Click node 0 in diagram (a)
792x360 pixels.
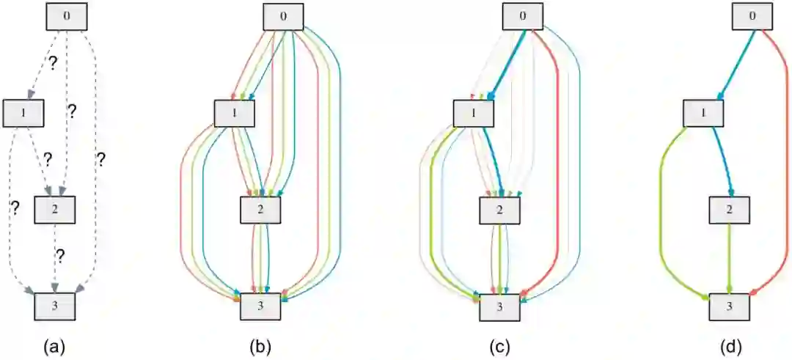[67, 17]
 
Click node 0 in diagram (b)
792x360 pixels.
[283, 17]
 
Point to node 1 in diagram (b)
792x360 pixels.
[235, 114]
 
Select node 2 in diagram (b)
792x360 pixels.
[261, 211]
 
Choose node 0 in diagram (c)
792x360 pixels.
[522, 17]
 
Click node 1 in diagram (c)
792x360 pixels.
[474, 114]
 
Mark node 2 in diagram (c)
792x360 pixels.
[500, 211]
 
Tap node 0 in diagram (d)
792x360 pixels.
[751, 17]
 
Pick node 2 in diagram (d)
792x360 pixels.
[729, 211]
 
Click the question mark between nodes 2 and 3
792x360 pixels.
[61, 256]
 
